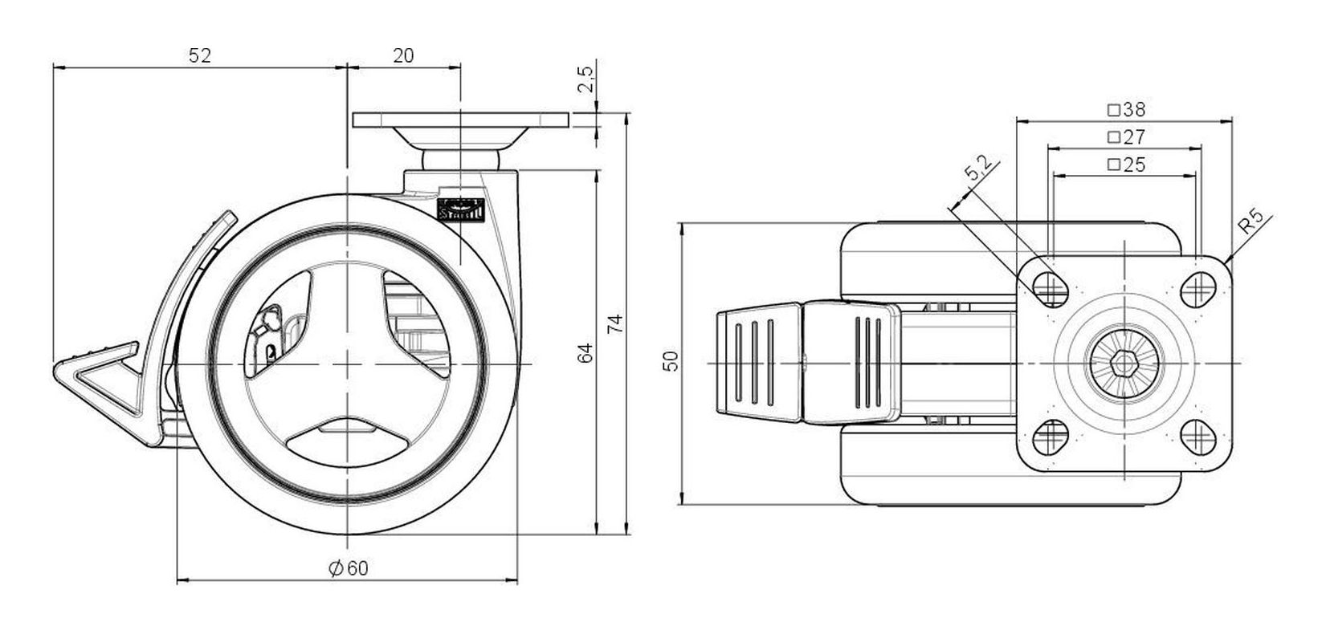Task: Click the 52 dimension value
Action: point(199,55)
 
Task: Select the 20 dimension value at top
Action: point(404,55)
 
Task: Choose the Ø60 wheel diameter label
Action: point(349,568)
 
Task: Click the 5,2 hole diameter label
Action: point(980,171)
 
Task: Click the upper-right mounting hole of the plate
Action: point(1200,285)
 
